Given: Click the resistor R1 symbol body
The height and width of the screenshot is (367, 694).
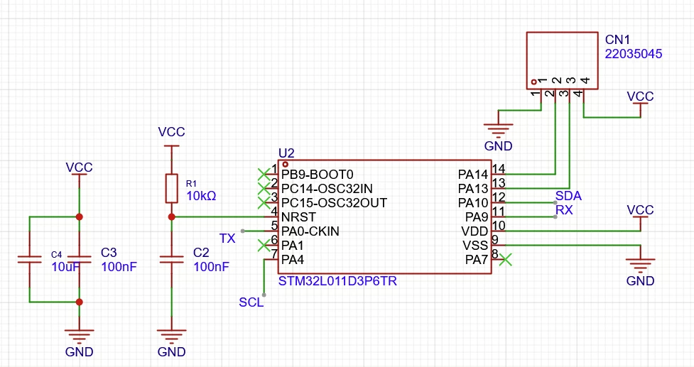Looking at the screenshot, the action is click(x=172, y=189).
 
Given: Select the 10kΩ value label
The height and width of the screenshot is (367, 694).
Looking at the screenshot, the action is click(x=202, y=196).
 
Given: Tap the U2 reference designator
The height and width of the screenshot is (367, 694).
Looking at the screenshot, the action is click(x=286, y=153).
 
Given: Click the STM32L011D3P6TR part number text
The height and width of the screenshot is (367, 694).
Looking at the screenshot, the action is click(x=337, y=281).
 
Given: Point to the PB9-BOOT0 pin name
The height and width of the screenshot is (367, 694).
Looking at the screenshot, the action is click(x=318, y=175).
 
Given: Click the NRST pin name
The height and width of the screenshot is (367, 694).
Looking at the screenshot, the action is click(x=299, y=217).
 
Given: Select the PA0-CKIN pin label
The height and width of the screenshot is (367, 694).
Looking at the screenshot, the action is click(x=310, y=231).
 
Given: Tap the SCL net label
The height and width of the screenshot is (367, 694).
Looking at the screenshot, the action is click(x=251, y=302).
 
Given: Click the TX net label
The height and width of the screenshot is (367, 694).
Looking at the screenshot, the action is click(x=227, y=239).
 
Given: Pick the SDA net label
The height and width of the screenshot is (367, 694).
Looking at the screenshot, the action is click(x=568, y=196).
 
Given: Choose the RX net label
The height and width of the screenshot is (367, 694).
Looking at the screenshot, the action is click(x=564, y=210).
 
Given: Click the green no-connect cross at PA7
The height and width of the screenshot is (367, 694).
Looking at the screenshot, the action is click(x=506, y=260).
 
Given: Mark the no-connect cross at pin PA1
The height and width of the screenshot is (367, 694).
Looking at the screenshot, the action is click(x=264, y=246).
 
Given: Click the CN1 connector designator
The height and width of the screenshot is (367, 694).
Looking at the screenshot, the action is click(x=617, y=40).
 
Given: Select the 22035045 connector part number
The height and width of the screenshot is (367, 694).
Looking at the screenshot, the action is click(x=634, y=54).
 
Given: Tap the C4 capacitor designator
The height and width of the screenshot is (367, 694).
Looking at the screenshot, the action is click(x=56, y=255).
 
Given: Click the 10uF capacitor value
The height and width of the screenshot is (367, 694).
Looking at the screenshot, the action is click(x=66, y=267).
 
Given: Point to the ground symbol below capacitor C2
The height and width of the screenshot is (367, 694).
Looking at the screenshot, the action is click(x=172, y=336).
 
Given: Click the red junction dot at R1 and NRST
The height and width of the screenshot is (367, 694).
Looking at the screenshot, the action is click(x=172, y=217).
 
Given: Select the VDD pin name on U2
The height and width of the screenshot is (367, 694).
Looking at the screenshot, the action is click(x=475, y=231).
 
